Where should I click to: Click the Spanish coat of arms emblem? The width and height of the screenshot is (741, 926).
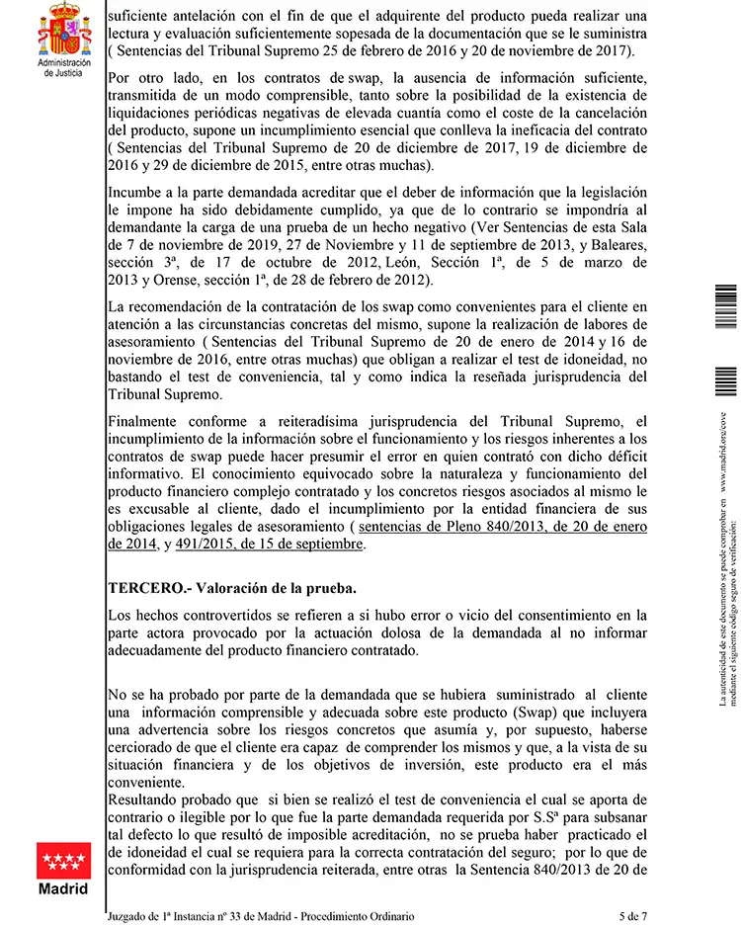click(64, 30)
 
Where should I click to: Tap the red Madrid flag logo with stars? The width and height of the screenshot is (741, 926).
click(63, 855)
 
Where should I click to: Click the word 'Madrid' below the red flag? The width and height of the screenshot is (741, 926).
click(63, 888)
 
